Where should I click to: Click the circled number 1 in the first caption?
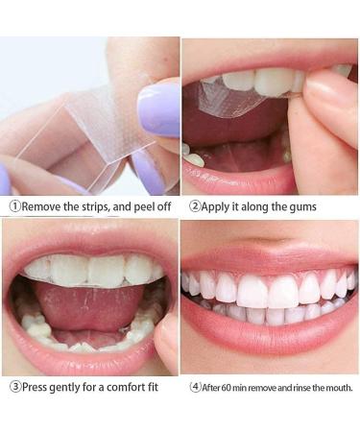(x=15, y=205)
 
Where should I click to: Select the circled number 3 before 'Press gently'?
(x=15, y=387)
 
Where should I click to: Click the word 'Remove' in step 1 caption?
(x=45, y=205)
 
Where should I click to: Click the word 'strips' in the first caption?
(x=101, y=205)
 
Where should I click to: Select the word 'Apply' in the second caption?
(x=218, y=205)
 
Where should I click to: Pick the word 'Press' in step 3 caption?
(x=38, y=387)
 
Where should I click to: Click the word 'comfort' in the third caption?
(x=129, y=387)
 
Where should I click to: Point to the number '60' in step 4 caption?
(x=229, y=387)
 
